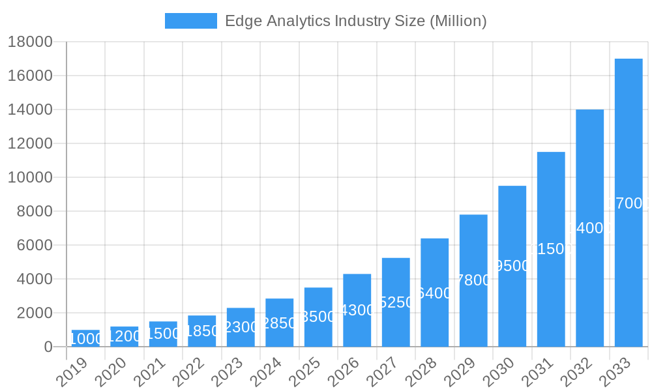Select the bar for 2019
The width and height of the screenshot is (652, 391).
tap(85, 338)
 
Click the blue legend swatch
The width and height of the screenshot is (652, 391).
tap(190, 21)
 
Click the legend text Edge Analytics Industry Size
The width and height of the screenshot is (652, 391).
tap(355, 21)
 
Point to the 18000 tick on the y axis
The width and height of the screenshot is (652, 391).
tap(30, 42)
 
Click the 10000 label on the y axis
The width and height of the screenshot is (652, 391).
tap(30, 177)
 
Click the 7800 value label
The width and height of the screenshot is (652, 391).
tap(473, 280)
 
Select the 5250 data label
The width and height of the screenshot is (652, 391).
tap(396, 302)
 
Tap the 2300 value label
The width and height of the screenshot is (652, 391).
tap(241, 327)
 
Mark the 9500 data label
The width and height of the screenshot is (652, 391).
tap(512, 266)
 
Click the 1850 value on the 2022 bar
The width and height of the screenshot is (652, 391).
tap(202, 331)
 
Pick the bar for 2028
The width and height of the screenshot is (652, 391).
tap(435, 293)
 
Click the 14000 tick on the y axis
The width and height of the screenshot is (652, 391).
tap(30, 109)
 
